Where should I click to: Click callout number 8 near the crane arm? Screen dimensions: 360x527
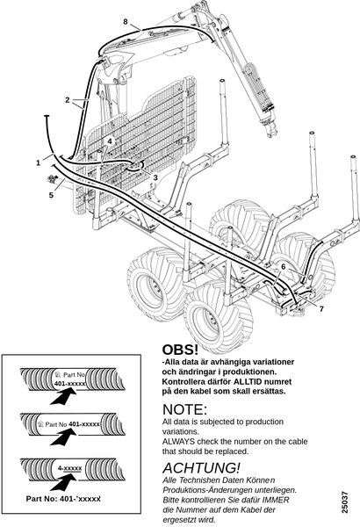pyautogui.click(x=126, y=22)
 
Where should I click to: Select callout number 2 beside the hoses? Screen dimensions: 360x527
pyautogui.click(x=68, y=100)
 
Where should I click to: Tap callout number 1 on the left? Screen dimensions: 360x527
pyautogui.click(x=39, y=163)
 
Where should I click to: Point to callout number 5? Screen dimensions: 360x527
pyautogui.click(x=51, y=195)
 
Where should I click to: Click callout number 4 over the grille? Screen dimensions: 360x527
pyautogui.click(x=109, y=141)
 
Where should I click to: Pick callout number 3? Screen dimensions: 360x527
pyautogui.click(x=155, y=177)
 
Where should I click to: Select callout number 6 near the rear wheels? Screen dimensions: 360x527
pyautogui.click(x=284, y=266)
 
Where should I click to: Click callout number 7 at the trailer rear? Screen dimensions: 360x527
pyautogui.click(x=321, y=308)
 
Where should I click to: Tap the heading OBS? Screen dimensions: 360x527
pyautogui.click(x=180, y=350)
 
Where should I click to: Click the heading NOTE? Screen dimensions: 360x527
pyautogui.click(x=184, y=409)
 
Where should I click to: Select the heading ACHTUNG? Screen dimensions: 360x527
pyautogui.click(x=201, y=468)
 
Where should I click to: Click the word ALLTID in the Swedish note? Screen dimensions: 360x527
pyautogui.click(x=248, y=382)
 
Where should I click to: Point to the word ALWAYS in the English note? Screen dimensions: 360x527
pyautogui.click(x=178, y=441)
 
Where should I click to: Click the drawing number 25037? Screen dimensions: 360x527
pyautogui.click(x=345, y=502)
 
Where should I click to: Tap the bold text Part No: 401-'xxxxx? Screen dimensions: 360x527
pyautogui.click(x=63, y=499)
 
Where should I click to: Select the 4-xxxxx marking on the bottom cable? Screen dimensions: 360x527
pyautogui.click(x=69, y=468)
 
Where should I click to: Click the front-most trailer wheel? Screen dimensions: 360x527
pyautogui.click(x=220, y=318)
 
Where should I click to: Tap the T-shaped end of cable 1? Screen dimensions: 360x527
pyautogui.click(x=47, y=116)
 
